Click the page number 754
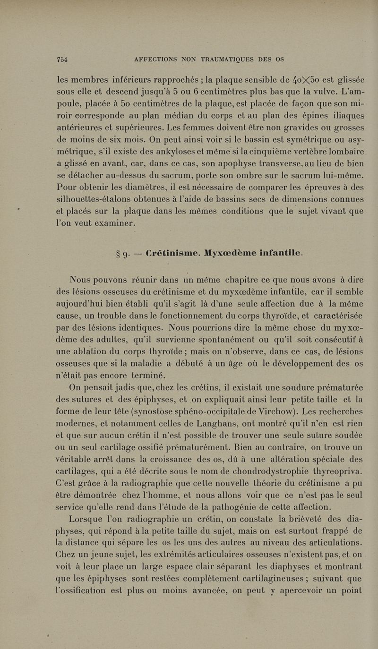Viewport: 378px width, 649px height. click(x=62, y=60)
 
